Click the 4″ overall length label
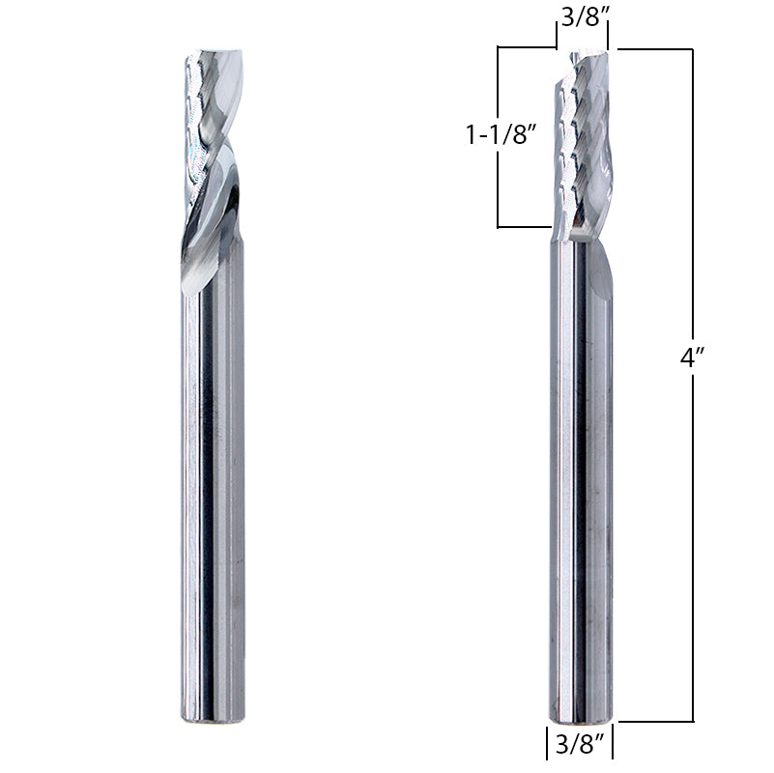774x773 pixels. [x=691, y=358]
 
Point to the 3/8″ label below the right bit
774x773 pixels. [x=583, y=745]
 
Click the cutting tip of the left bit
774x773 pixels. [x=209, y=52]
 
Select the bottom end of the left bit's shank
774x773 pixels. [x=213, y=717]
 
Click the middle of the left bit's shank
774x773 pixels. [x=213, y=483]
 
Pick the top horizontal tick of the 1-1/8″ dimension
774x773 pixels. [x=527, y=47]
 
